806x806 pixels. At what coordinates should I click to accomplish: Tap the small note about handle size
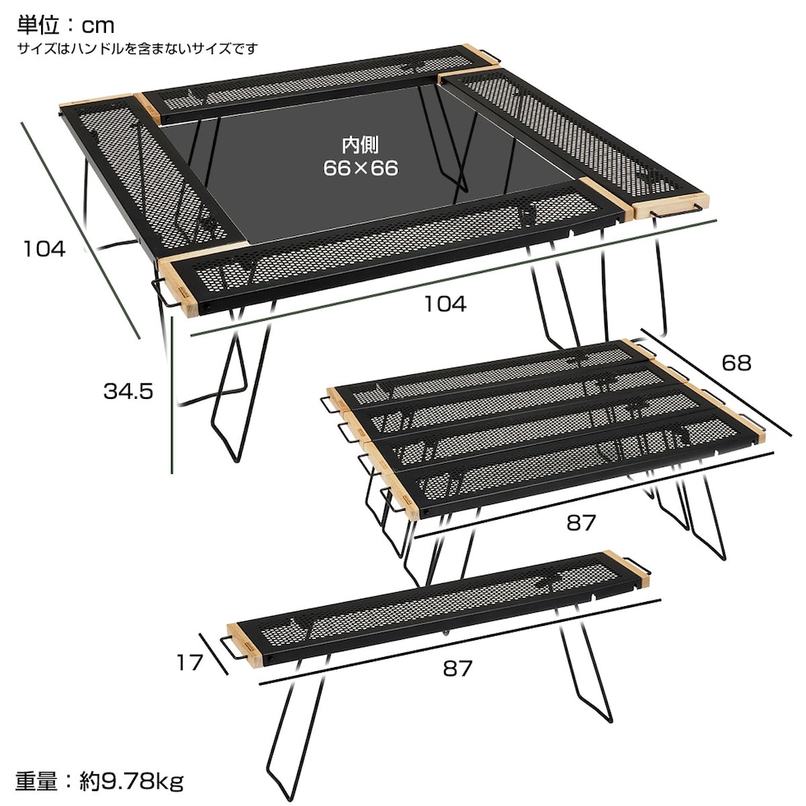[137, 49]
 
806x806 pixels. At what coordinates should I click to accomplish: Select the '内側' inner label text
[360, 146]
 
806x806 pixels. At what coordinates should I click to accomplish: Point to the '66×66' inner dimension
[360, 169]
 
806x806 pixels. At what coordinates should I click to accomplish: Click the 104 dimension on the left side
[44, 248]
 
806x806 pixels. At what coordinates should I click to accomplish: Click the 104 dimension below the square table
[445, 303]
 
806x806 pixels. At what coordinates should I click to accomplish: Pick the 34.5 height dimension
[128, 391]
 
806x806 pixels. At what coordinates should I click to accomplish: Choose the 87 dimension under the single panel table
[457, 668]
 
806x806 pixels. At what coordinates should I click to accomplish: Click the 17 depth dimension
[189, 662]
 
